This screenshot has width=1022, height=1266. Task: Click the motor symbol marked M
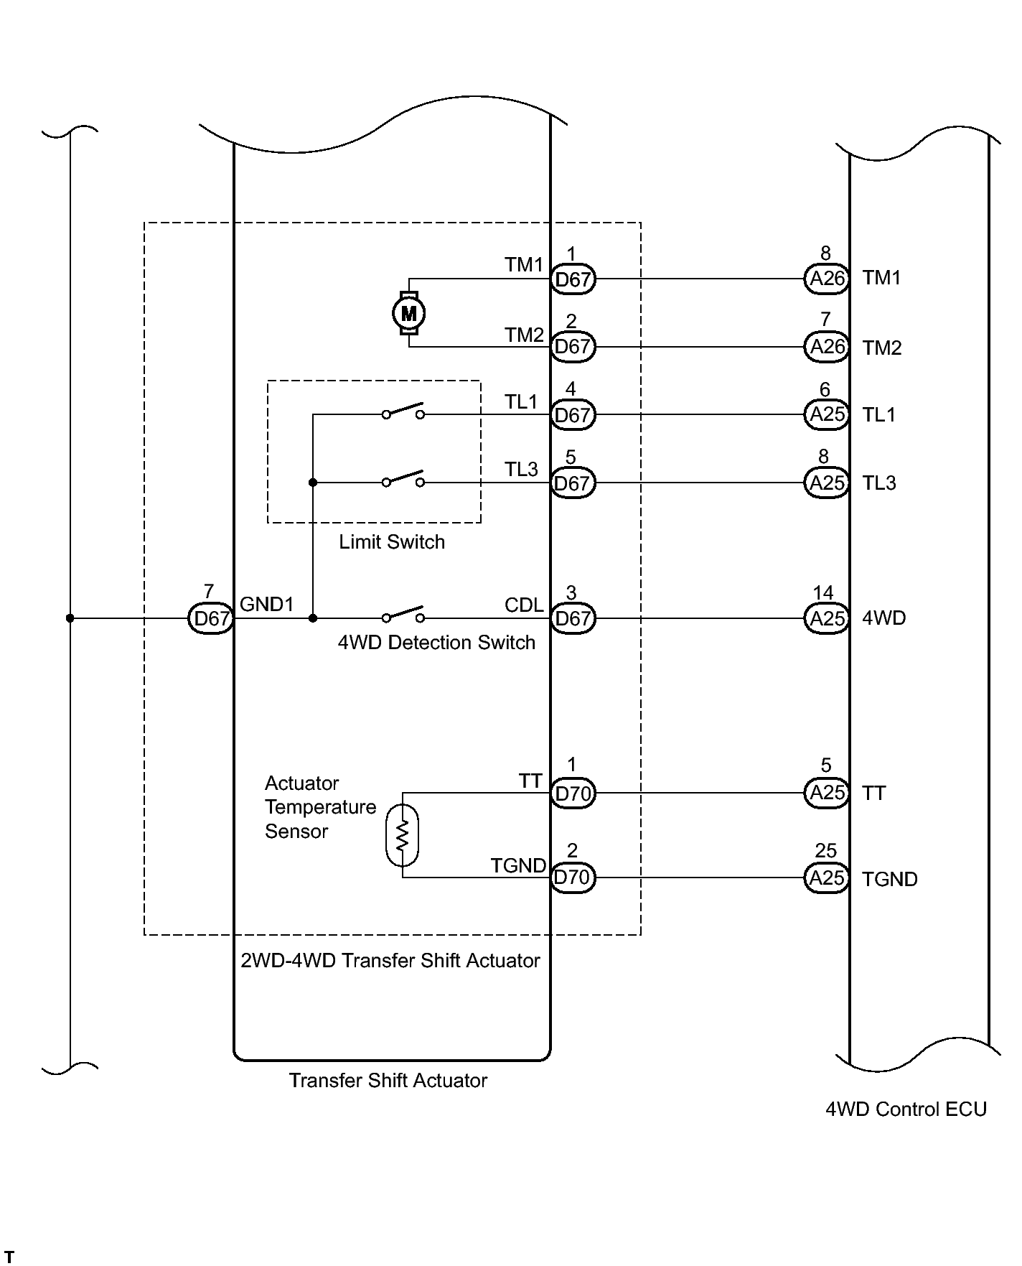coord(408,313)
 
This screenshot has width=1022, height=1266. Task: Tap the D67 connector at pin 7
coord(211,618)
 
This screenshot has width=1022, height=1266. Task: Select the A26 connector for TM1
coord(826,279)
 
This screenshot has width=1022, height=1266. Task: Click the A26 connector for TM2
coord(826,347)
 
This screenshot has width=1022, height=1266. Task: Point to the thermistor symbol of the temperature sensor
coord(402,835)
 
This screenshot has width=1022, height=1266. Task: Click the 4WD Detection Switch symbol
coord(403,615)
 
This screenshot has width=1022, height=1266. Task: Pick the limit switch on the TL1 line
coord(403,411)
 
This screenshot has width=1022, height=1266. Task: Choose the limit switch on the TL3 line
coord(403,479)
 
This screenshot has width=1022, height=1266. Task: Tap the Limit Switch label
coord(392,542)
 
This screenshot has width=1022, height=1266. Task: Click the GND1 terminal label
coord(267,605)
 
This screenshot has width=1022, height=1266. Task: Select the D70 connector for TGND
coord(573,878)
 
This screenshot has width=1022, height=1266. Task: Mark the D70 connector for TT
coord(573,793)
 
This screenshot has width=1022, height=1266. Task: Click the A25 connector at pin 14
coord(826,618)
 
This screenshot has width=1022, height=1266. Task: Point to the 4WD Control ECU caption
coord(906,1109)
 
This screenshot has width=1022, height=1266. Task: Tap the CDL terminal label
coord(524,605)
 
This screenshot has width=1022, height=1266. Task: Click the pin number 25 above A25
coord(826,851)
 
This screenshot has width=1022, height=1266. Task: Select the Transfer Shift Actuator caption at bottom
coord(388,1081)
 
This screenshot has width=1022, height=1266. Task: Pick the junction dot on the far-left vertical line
coord(70,618)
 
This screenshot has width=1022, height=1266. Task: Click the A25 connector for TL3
coord(826,483)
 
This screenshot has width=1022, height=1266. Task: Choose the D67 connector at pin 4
coord(573,415)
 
